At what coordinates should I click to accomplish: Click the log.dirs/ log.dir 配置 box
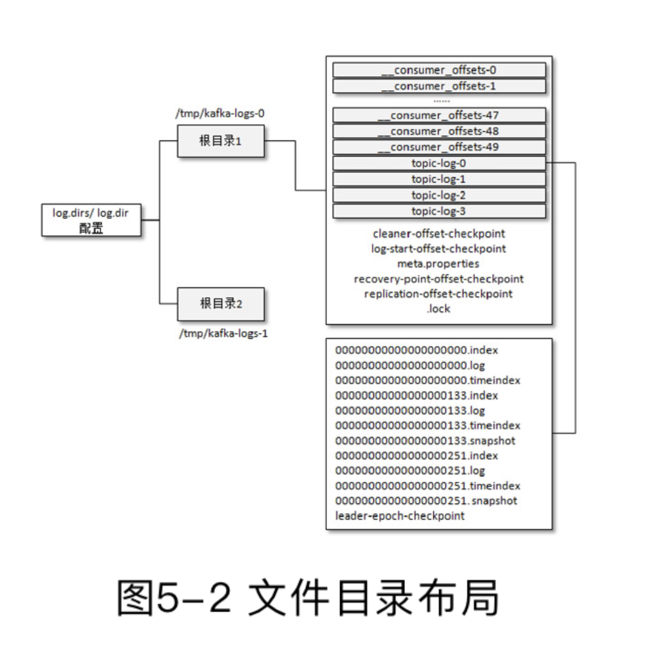pos(91,220)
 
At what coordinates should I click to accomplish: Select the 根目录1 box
pos(220,141)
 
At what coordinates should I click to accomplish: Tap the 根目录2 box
pos(220,303)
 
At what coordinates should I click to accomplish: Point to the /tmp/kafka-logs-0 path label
pos(220,113)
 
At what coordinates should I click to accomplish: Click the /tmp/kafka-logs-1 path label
pos(223,333)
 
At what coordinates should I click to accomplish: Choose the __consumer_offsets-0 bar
pos(439,70)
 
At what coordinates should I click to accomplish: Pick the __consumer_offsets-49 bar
pos(439,147)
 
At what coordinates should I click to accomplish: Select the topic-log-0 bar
pos(439,164)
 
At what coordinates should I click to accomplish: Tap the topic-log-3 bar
pos(439,211)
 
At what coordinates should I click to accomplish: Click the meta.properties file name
pos(438,264)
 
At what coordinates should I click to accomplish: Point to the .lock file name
pos(438,309)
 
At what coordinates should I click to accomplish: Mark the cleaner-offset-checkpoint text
pos(438,233)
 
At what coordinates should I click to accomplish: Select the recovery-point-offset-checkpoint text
pos(438,279)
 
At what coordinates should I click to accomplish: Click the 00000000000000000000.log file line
pos(410,365)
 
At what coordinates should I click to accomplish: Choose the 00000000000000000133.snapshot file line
pos(425,440)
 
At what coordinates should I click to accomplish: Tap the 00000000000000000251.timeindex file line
pos(427,485)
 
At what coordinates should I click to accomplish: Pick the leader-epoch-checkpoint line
pos(400,516)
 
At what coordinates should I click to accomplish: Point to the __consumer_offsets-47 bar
pos(439,115)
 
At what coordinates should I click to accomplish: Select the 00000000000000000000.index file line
pos(417,350)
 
